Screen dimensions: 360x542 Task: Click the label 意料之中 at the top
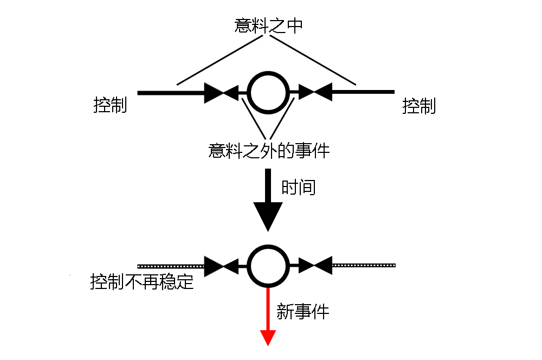pyautogui.click(x=268, y=25)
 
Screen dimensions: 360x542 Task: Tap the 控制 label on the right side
pyautogui.click(x=419, y=106)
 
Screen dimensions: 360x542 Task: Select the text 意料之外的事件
pyautogui.click(x=269, y=151)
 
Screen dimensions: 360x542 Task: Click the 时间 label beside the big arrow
pyautogui.click(x=298, y=188)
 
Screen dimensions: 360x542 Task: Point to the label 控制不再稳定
pyautogui.click(x=143, y=282)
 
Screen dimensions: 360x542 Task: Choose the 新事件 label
pyautogui.click(x=303, y=312)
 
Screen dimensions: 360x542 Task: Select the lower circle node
pyautogui.click(x=268, y=266)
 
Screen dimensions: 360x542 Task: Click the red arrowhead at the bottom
pyautogui.click(x=268, y=337)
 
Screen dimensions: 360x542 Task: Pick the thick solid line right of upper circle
pyautogui.click(x=363, y=92)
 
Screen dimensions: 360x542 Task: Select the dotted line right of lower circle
pyautogui.click(x=363, y=266)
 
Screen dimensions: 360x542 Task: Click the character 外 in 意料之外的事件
pyautogui.click(x=268, y=151)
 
